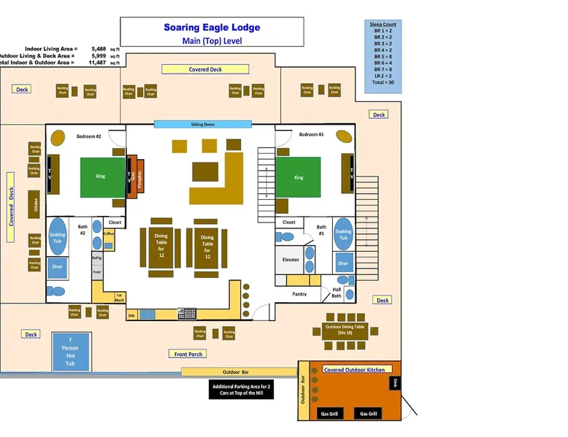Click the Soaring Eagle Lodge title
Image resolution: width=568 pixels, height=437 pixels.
[211, 28]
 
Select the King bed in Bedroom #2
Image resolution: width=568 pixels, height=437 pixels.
[101, 177]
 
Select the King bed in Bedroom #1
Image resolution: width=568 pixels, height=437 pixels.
[299, 177]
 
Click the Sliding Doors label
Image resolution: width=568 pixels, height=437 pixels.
[202, 125]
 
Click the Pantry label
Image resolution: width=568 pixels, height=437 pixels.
[299, 294]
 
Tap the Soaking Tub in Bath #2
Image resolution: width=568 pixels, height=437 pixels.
[58, 236]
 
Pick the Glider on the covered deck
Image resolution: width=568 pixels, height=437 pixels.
[34, 204]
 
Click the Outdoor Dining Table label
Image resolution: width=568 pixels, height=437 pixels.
[345, 327]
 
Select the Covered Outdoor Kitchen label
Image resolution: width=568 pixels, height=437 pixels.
[353, 370]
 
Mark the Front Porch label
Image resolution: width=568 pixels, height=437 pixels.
[188, 354]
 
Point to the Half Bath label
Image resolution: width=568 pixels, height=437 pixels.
[337, 292]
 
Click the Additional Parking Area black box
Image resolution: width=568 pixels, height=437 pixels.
[241, 390]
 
